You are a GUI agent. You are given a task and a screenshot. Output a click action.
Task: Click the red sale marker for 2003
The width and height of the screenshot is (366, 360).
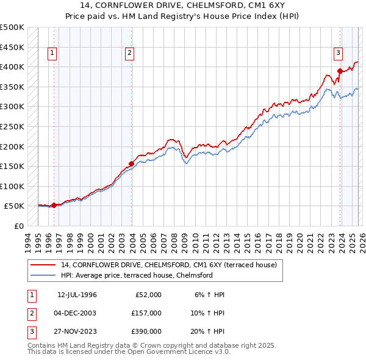(131, 163)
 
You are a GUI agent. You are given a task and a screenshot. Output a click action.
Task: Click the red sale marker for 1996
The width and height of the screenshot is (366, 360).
(54, 205)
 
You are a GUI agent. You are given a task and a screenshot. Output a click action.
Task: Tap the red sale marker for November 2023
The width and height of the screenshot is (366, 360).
(340, 70)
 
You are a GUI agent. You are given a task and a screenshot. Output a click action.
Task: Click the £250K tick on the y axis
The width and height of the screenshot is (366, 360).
(12, 126)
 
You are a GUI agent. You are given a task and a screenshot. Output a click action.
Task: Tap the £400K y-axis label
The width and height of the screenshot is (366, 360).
(12, 67)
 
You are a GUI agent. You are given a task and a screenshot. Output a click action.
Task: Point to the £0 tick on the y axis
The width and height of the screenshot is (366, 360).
(18, 226)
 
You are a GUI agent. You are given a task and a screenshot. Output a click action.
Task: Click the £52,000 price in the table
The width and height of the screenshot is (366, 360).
(148, 295)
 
